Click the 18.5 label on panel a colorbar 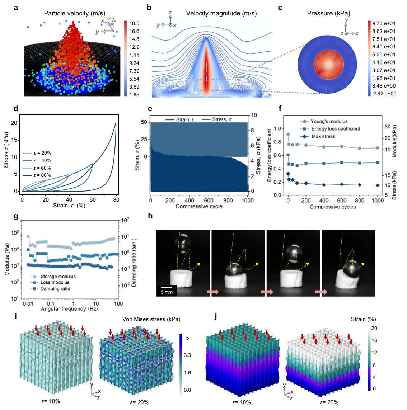(x=135, y=23)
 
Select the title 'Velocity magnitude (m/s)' (x=221, y=14)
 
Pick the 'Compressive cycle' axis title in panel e (x=199, y=206)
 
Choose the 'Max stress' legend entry (x=323, y=136)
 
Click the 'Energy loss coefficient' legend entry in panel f (x=335, y=128)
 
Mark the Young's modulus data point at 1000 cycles (x=377, y=148)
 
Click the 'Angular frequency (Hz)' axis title (x=70, y=309)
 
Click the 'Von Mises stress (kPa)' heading (x=151, y=319)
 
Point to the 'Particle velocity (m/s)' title (x=75, y=14)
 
